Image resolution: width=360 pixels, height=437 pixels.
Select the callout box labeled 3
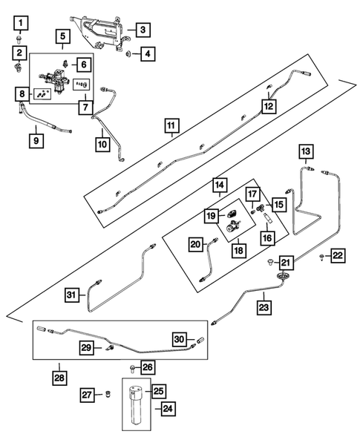143,31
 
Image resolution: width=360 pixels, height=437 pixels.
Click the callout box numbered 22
338,256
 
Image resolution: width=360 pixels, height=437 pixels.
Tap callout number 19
211,215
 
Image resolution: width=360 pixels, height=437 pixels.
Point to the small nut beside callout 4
128,53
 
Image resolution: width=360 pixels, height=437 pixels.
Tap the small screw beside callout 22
321,257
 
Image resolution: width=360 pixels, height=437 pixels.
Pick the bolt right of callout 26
131,367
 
